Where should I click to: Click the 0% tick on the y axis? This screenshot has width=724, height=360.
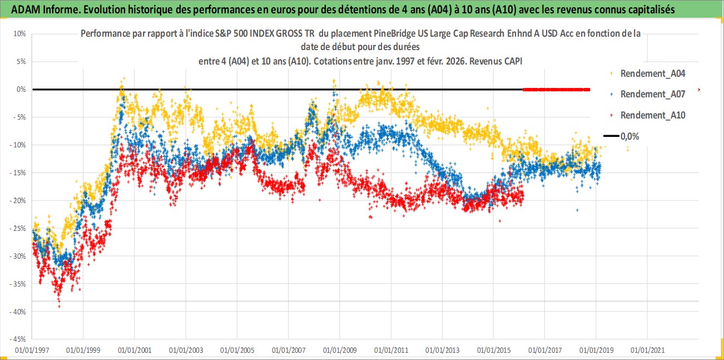21,89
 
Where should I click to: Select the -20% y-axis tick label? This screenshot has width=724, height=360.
18,200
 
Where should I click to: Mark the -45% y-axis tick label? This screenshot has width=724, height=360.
18,339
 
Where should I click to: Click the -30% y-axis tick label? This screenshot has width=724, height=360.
18,256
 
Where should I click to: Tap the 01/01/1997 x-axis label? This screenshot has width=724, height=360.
32,351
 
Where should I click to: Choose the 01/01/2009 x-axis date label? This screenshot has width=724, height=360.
339,351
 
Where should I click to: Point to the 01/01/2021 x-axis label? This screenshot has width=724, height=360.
647,351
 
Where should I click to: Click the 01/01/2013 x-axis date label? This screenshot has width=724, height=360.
442,351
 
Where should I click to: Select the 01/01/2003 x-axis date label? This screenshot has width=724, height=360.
186,351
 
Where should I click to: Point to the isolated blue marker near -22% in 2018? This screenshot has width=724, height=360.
577,210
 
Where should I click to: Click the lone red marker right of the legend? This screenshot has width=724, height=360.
698,90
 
